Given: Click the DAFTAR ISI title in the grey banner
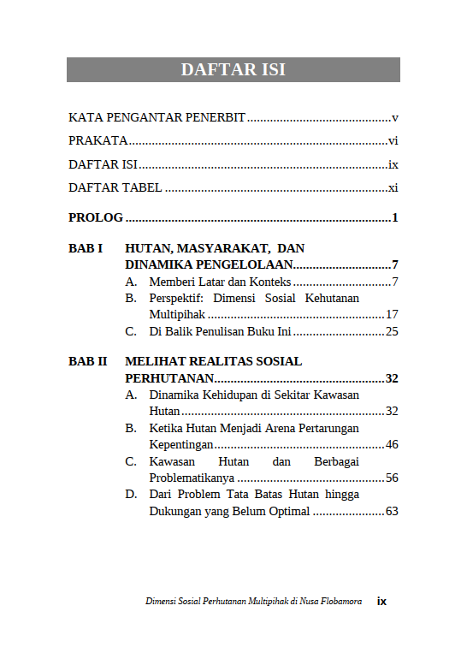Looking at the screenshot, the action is (233, 70).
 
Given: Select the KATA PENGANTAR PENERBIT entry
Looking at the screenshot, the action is (157, 117).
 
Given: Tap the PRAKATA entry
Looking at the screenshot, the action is (98, 141).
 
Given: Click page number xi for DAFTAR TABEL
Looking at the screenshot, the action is (393, 188).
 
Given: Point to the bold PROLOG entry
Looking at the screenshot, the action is (96, 218).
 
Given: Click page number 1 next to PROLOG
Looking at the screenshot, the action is (395, 218).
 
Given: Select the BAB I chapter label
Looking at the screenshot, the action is (86, 249).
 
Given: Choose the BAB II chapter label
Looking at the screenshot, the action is (87, 362).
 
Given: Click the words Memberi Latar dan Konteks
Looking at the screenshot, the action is (220, 282).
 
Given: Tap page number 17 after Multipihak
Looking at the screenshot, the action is (392, 315).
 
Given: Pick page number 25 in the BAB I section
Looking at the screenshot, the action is (392, 331).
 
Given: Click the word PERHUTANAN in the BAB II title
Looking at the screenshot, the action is (168, 378).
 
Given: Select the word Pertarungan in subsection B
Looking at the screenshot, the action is (325, 428).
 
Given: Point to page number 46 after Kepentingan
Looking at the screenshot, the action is (392, 444).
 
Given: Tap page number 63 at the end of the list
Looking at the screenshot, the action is (392, 511).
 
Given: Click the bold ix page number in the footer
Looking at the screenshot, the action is (381, 602).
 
